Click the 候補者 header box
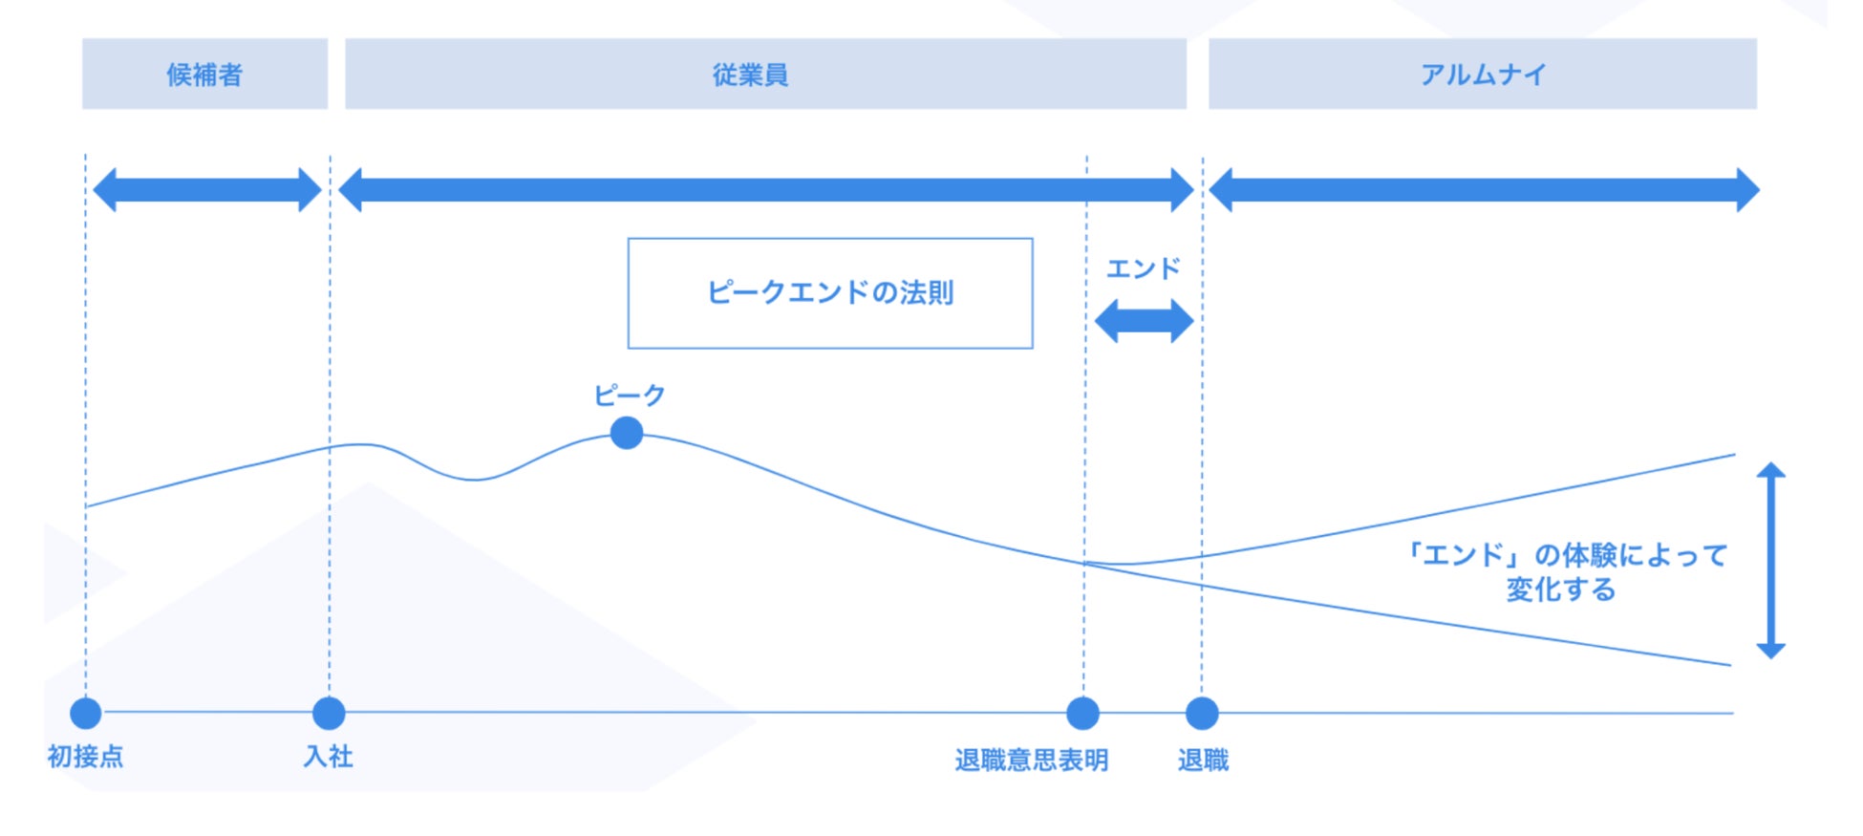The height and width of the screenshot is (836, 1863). coord(204,74)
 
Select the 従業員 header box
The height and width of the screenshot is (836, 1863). coord(765,74)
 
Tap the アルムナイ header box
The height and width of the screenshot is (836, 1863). coord(1482,74)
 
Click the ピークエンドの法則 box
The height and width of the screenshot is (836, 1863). coord(829,293)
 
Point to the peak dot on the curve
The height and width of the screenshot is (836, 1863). coord(627,433)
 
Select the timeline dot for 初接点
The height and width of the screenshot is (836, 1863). coord(86,713)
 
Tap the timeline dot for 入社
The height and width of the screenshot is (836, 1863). coord(329,713)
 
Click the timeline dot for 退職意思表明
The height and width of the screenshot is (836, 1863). coord(1082,713)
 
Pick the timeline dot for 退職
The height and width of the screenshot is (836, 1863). coord(1202,713)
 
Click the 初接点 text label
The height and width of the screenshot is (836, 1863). coord(85,757)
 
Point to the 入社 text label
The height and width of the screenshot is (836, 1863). coord(329,757)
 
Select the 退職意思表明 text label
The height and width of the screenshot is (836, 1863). coord(1032,761)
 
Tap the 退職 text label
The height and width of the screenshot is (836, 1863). coord(1203,761)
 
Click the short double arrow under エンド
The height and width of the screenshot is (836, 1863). coord(1144,321)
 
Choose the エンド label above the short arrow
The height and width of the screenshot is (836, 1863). coord(1143,269)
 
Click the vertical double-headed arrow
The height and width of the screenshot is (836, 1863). coord(1770,560)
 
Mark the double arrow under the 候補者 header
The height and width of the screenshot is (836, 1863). coord(207,189)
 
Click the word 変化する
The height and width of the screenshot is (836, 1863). coord(1560,589)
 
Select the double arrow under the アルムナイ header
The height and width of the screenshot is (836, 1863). coord(1484,189)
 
